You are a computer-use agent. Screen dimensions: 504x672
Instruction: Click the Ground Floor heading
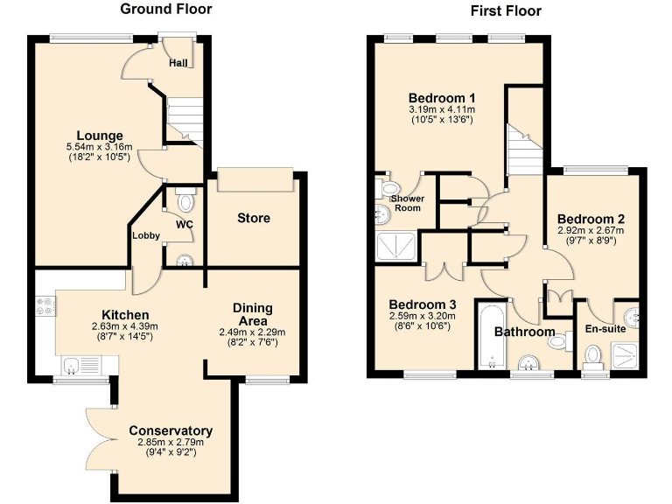165,10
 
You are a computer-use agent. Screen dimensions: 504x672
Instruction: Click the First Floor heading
506,11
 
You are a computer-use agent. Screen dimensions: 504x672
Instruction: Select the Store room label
254,218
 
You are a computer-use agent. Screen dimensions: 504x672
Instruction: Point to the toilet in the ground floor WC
185,201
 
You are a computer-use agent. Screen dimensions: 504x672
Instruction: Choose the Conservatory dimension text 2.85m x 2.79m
170,443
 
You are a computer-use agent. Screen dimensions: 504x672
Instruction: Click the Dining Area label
253,314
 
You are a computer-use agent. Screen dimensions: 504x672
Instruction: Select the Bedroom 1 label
442,97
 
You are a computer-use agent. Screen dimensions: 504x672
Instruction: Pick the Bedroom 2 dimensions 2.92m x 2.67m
591,231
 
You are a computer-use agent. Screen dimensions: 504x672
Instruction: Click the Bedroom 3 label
417,304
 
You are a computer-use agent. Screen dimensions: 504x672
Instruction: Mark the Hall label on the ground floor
178,63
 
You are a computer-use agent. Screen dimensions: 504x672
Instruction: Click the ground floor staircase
184,120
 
